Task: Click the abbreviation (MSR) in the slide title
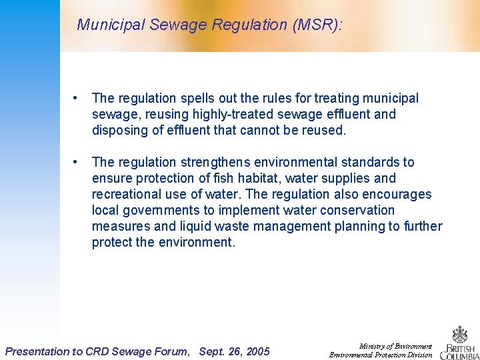(315, 25)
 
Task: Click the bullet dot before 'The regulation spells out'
(79, 98)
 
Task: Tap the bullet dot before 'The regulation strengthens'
(79, 162)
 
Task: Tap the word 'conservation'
(358, 211)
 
